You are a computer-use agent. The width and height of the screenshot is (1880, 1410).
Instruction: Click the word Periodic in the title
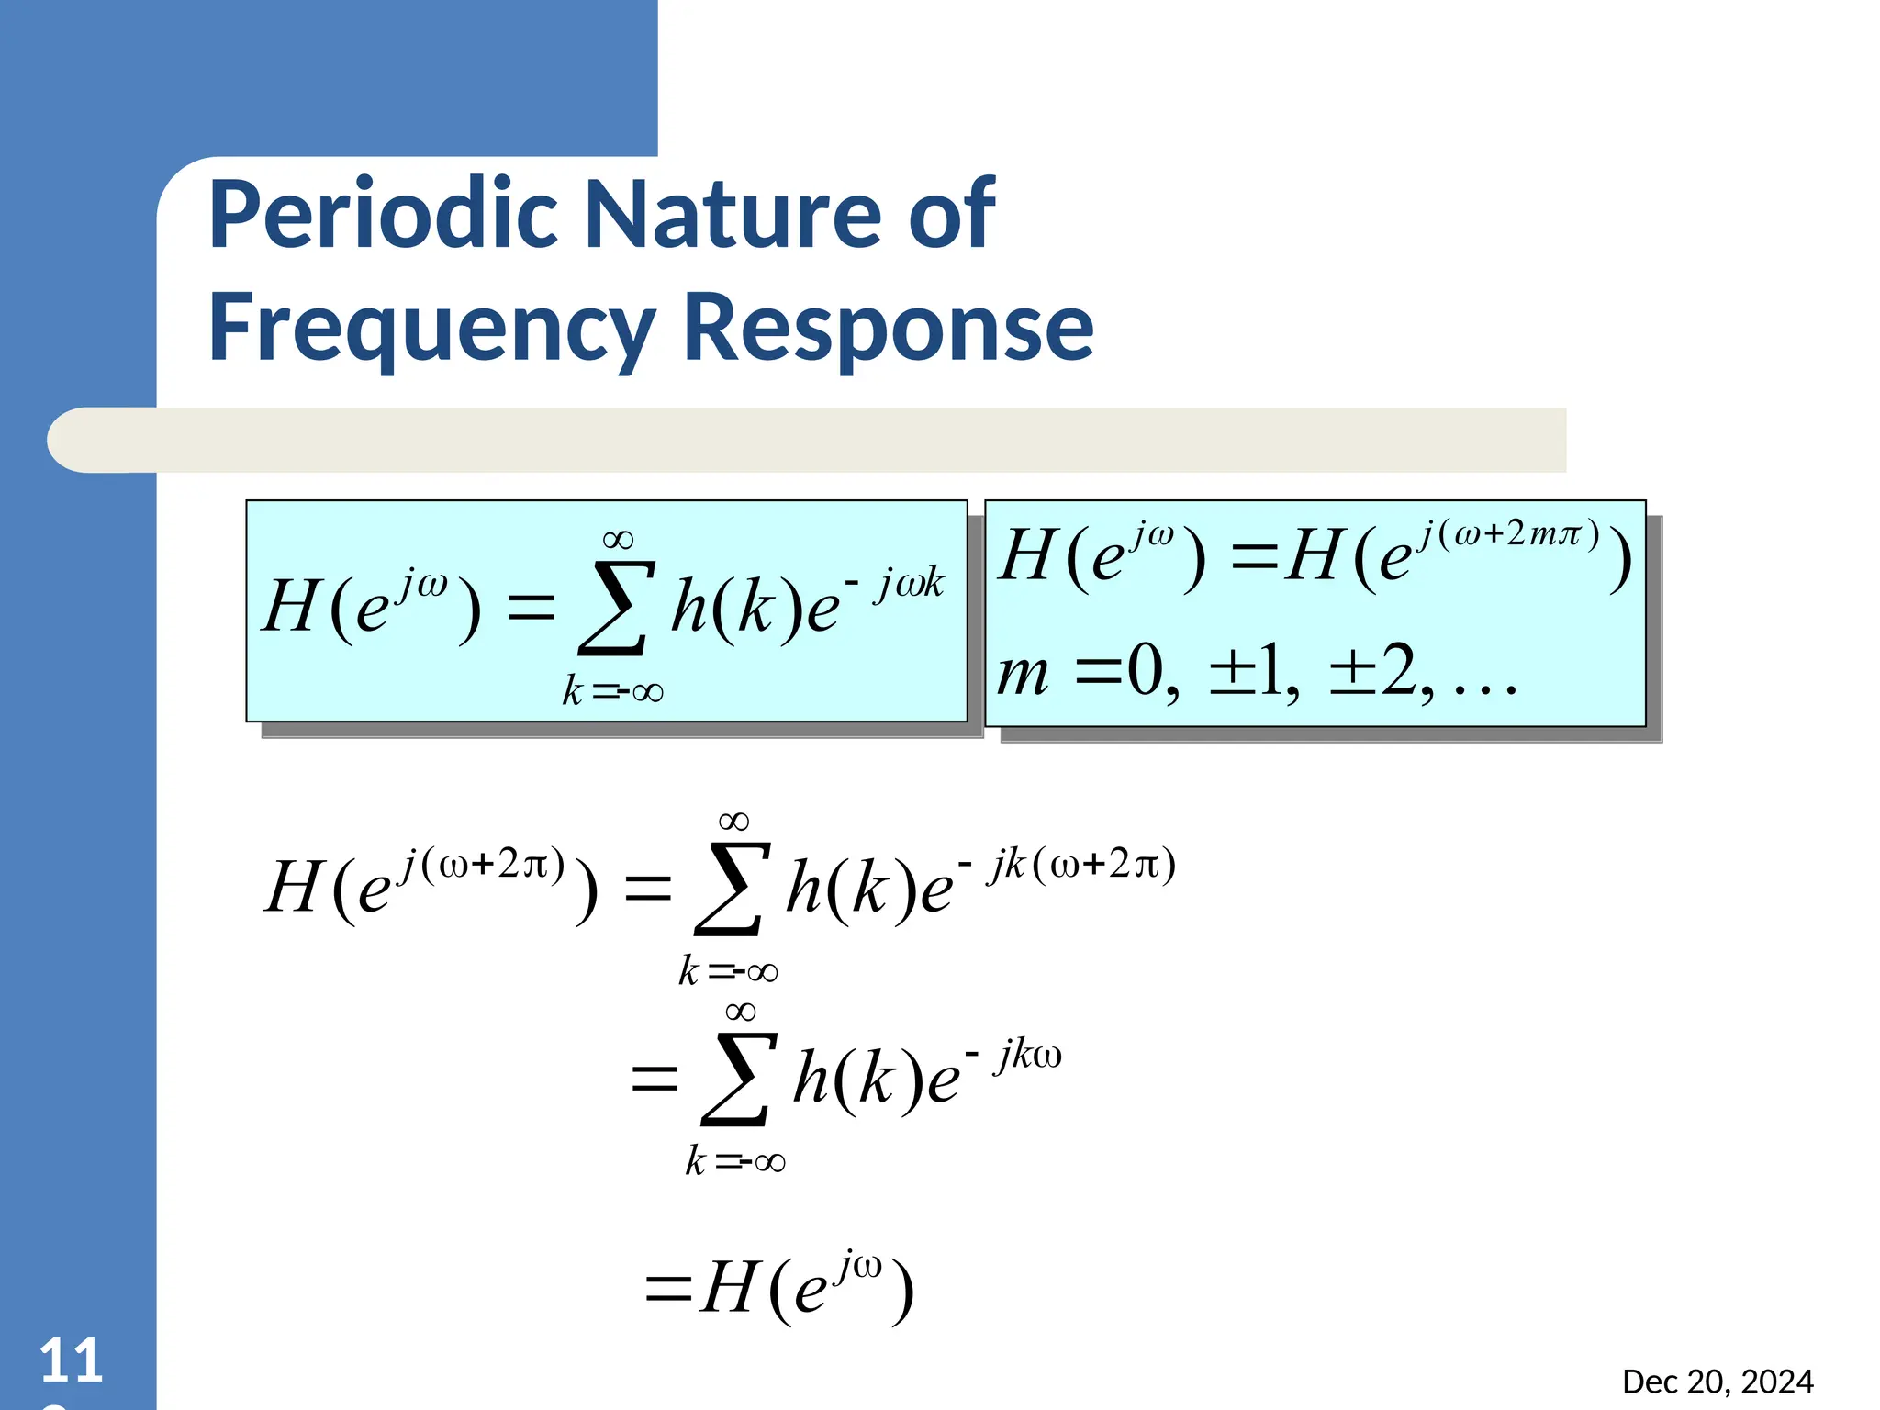pyautogui.click(x=383, y=215)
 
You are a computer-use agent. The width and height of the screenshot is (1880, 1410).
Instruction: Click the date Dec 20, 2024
pyautogui.click(x=1718, y=1382)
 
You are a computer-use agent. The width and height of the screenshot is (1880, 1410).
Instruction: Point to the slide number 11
pyautogui.click(x=71, y=1360)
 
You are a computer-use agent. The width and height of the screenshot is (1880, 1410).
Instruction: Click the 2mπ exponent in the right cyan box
pyautogui.click(x=1543, y=533)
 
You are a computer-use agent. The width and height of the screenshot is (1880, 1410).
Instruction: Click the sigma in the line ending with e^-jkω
pyautogui.click(x=733, y=1079)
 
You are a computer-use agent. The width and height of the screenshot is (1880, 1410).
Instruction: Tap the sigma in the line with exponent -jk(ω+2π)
pyautogui.click(x=729, y=889)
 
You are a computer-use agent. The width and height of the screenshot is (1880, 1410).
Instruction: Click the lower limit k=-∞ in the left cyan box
pyautogui.click(x=612, y=691)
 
